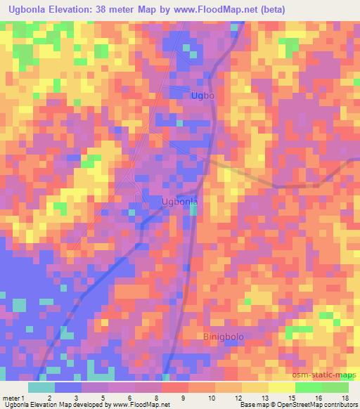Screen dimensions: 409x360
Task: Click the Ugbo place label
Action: [202, 95]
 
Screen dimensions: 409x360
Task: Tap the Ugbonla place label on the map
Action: [179, 202]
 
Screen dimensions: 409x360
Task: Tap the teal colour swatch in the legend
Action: [41, 387]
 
